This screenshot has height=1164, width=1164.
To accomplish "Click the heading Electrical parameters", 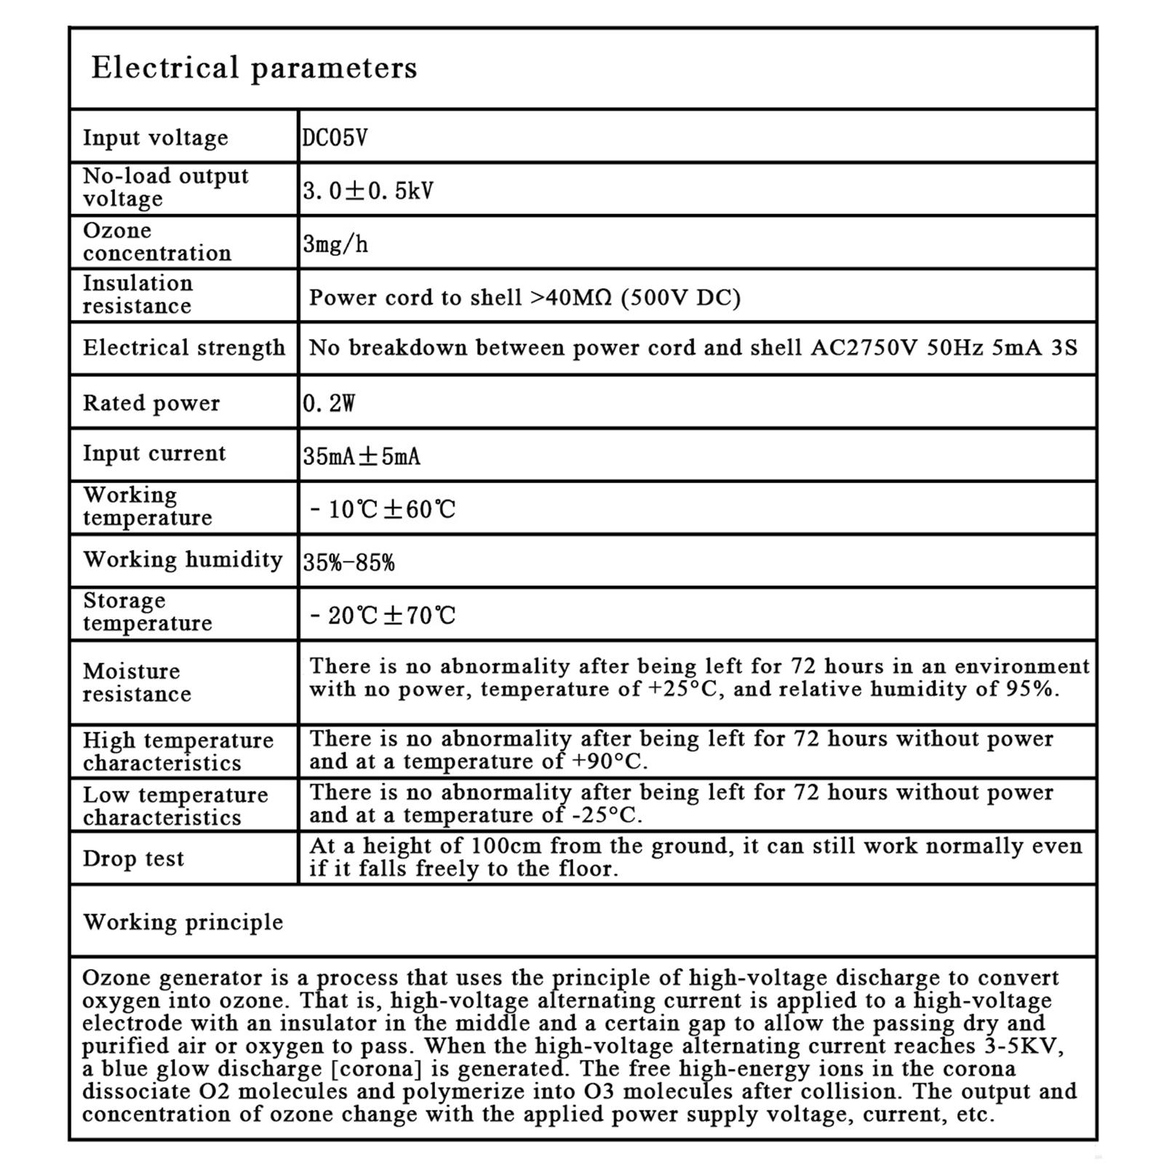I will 254,68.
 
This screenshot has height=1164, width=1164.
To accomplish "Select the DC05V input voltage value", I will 335,137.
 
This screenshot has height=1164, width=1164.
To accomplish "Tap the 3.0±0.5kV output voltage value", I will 368,191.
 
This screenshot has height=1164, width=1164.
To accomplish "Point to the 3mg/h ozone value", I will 335,244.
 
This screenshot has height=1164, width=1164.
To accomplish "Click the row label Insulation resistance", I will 137,295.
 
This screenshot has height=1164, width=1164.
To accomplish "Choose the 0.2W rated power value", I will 329,403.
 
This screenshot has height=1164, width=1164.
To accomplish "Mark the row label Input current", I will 154,453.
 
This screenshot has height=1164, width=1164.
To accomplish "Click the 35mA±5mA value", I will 362,457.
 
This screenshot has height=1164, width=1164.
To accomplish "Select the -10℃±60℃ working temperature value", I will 383,509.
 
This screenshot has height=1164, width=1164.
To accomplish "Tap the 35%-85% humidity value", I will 348,562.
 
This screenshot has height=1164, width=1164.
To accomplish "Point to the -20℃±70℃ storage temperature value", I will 383,616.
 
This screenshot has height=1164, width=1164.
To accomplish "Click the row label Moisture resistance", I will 137,682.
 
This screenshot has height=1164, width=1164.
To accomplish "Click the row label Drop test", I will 133,858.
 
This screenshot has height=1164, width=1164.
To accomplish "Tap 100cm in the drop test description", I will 506,846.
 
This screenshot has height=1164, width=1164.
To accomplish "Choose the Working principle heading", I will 183,922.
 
